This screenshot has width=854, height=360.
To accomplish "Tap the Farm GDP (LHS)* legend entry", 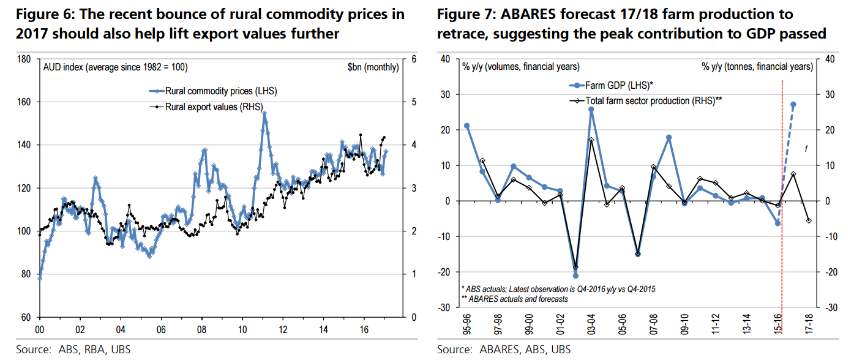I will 621,85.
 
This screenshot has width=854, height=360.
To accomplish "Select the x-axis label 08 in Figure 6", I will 201,328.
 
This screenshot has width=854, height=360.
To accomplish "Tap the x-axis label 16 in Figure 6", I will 363,328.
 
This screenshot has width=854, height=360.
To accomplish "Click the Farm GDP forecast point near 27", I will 793,105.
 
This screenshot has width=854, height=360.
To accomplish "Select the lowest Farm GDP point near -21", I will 575,276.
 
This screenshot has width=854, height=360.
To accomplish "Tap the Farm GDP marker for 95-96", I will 467,126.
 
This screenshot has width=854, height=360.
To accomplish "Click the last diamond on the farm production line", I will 809,220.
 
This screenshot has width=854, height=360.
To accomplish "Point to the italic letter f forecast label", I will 806,147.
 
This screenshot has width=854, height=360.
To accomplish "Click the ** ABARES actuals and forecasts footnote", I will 514,299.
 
